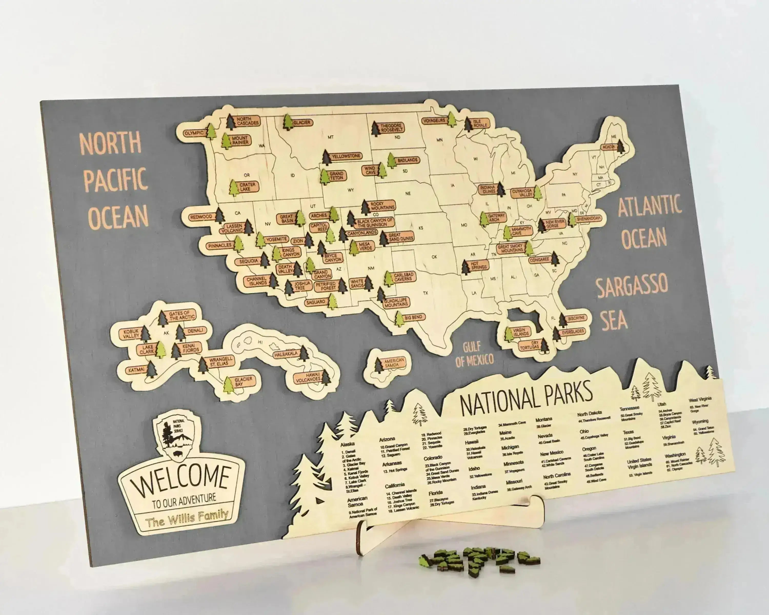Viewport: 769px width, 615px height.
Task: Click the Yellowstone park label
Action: tap(346, 156)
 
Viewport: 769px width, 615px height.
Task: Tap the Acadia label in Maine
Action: tap(609, 147)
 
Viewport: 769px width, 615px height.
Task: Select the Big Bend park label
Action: tap(413, 317)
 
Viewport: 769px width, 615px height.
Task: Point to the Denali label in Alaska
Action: tap(195, 331)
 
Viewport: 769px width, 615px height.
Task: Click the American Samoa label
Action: tap(394, 363)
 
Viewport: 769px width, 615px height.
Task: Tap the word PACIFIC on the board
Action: tap(115, 179)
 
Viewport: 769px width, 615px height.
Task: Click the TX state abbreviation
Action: tap(425, 293)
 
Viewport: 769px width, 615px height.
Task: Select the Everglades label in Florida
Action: tap(572, 332)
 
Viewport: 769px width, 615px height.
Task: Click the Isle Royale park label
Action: tap(480, 123)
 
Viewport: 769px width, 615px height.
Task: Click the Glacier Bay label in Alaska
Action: tap(243, 382)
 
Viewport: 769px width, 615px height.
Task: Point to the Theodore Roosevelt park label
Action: tap(391, 128)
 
